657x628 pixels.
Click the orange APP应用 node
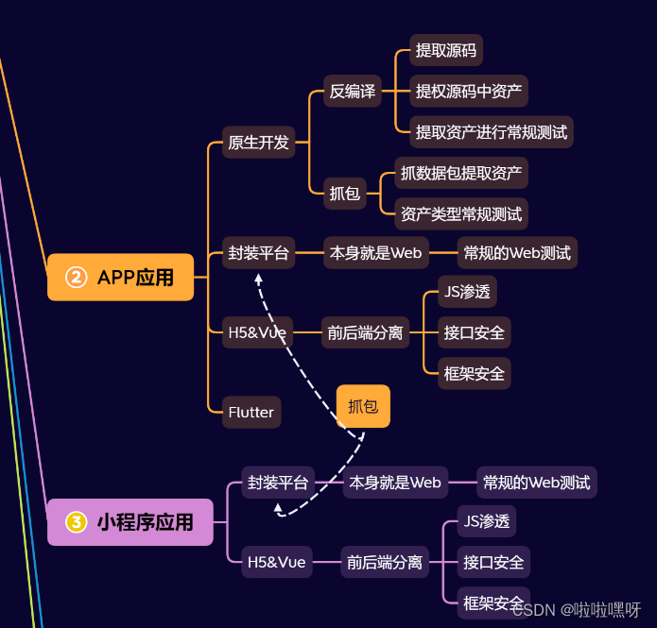(121, 277)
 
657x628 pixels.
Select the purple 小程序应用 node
(130, 521)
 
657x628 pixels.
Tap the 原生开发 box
(258, 144)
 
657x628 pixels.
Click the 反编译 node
(352, 92)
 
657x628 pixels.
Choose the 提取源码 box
(446, 50)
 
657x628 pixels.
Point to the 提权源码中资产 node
(468, 92)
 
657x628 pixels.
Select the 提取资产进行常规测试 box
(492, 132)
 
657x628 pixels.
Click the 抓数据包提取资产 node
(460, 173)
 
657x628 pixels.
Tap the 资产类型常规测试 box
(460, 214)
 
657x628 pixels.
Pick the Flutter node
(251, 413)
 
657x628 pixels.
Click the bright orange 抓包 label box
(363, 407)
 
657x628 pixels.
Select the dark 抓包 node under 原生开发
(344, 194)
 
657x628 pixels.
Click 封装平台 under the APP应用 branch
(258, 252)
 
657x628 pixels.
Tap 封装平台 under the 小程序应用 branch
(278, 483)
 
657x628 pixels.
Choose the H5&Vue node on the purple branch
(276, 562)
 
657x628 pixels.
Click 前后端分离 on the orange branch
(365, 332)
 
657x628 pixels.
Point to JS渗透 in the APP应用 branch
(467, 292)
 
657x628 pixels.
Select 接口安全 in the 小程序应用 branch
(493, 562)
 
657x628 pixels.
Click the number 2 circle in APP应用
(76, 277)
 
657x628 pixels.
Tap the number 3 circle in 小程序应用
(76, 521)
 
